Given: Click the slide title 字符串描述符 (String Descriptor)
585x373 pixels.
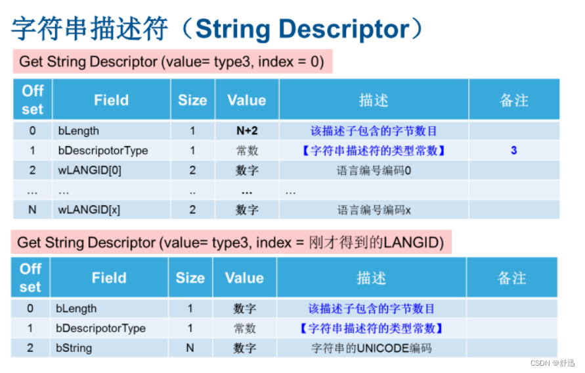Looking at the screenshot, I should coord(217,29).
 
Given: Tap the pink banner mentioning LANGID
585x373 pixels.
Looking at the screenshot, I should coord(230,242).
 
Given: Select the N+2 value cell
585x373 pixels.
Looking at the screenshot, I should coord(247,131).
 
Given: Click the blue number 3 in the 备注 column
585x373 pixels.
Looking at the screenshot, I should coord(513,151).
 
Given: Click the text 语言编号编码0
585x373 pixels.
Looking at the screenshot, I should coord(374,170).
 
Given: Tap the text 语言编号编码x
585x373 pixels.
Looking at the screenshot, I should coord(374,210).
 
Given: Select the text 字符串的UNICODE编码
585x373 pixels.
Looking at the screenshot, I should coord(372,348).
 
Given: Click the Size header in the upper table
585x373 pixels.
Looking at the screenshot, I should coord(192,100).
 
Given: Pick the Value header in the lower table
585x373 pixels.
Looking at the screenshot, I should coord(244,278).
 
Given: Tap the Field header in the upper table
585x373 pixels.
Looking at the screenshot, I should coord(111,100).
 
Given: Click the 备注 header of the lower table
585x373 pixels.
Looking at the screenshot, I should coord(511,278).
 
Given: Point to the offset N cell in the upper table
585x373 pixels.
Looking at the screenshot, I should coord(32,210).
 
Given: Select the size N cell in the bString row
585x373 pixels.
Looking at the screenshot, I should coord(190,348).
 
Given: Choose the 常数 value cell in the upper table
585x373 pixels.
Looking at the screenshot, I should coord(247,151).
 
